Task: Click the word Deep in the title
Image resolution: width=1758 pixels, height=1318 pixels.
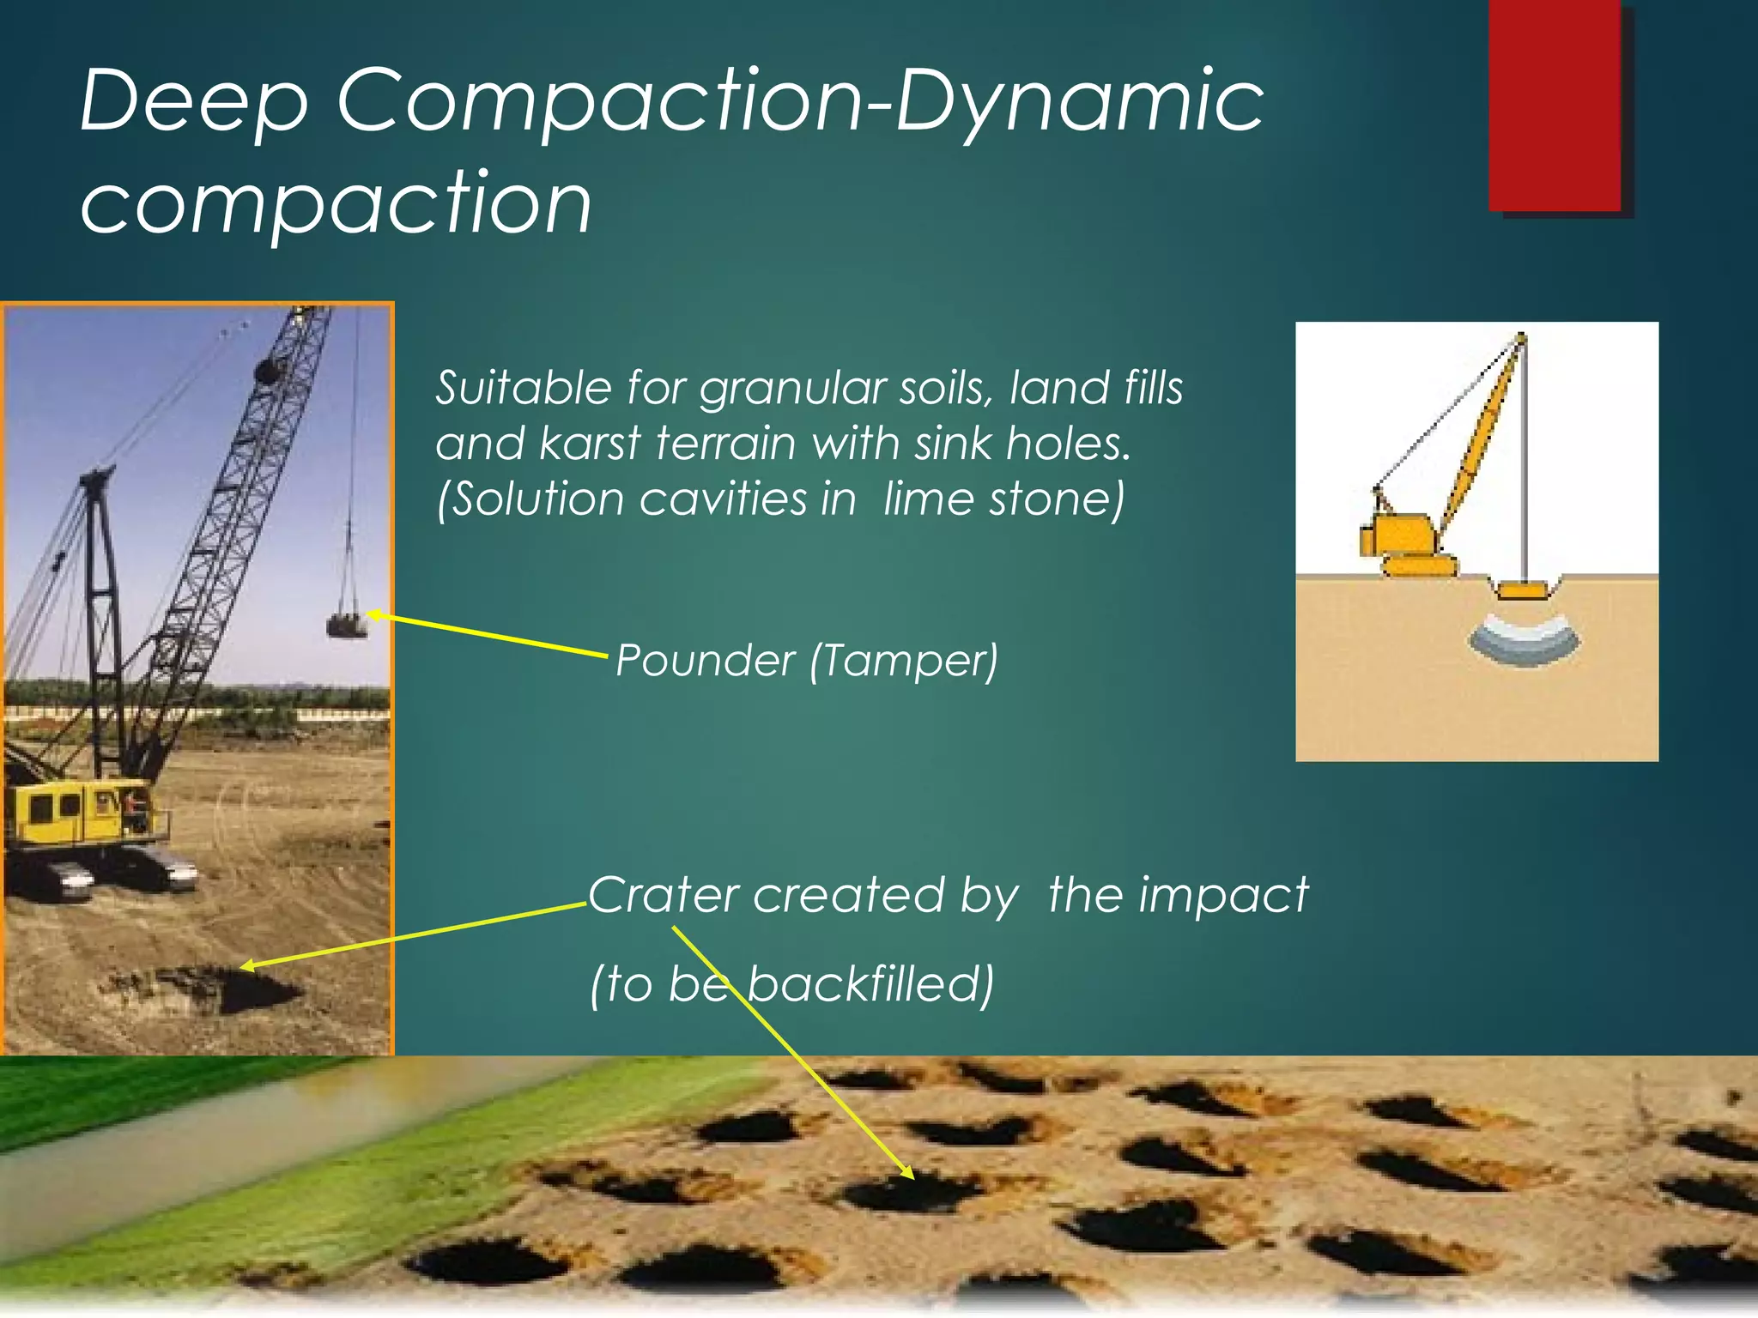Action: (193, 103)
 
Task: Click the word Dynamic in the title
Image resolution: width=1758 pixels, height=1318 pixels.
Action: (1079, 103)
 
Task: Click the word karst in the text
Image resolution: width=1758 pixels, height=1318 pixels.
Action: (590, 444)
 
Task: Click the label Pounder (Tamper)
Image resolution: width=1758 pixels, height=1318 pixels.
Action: (807, 662)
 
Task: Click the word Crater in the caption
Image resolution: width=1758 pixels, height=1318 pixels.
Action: (663, 896)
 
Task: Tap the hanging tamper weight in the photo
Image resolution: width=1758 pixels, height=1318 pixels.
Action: (346, 625)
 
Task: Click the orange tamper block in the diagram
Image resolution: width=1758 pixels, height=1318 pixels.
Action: (1524, 590)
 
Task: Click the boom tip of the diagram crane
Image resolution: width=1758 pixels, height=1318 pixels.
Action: (1521, 336)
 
